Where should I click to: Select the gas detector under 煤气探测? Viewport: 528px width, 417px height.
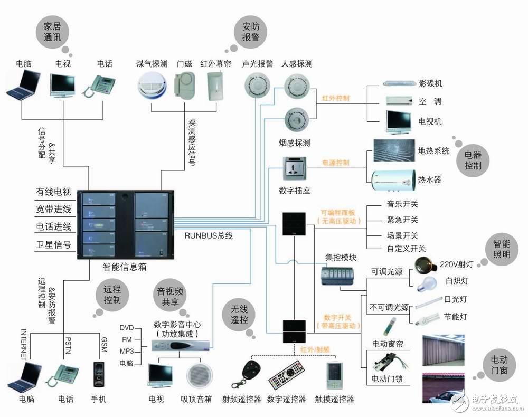[152, 86]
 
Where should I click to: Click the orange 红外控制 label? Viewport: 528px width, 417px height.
[335, 98]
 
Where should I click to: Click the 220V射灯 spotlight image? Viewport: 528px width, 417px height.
[427, 263]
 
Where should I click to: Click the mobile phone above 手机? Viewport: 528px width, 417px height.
[97, 373]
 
